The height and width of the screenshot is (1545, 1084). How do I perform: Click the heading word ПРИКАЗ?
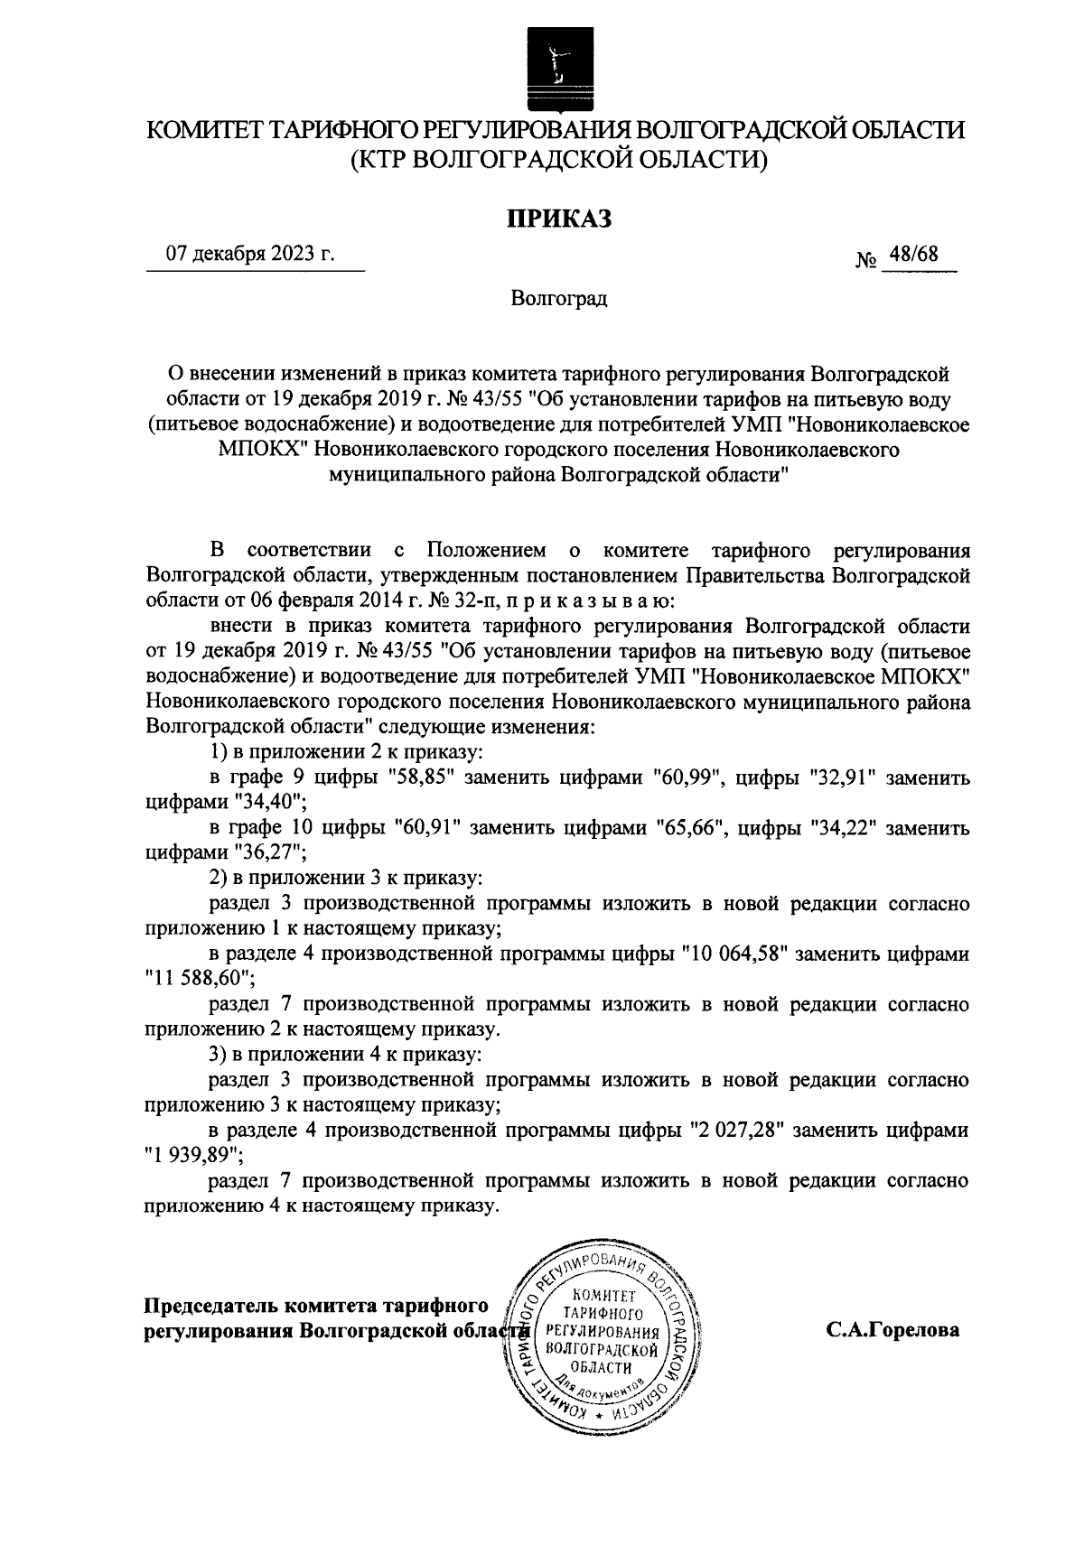(x=557, y=219)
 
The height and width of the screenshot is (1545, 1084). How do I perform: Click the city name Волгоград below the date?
(x=558, y=299)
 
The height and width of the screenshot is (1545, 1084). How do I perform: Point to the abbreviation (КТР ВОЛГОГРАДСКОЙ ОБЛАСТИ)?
(x=558, y=161)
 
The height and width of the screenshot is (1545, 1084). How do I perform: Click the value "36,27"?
(x=268, y=852)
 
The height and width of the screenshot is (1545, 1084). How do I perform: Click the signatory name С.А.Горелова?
(x=891, y=1330)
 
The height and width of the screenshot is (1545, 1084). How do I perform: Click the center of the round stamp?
(x=601, y=1331)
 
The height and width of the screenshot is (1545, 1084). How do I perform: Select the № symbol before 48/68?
(x=865, y=261)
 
